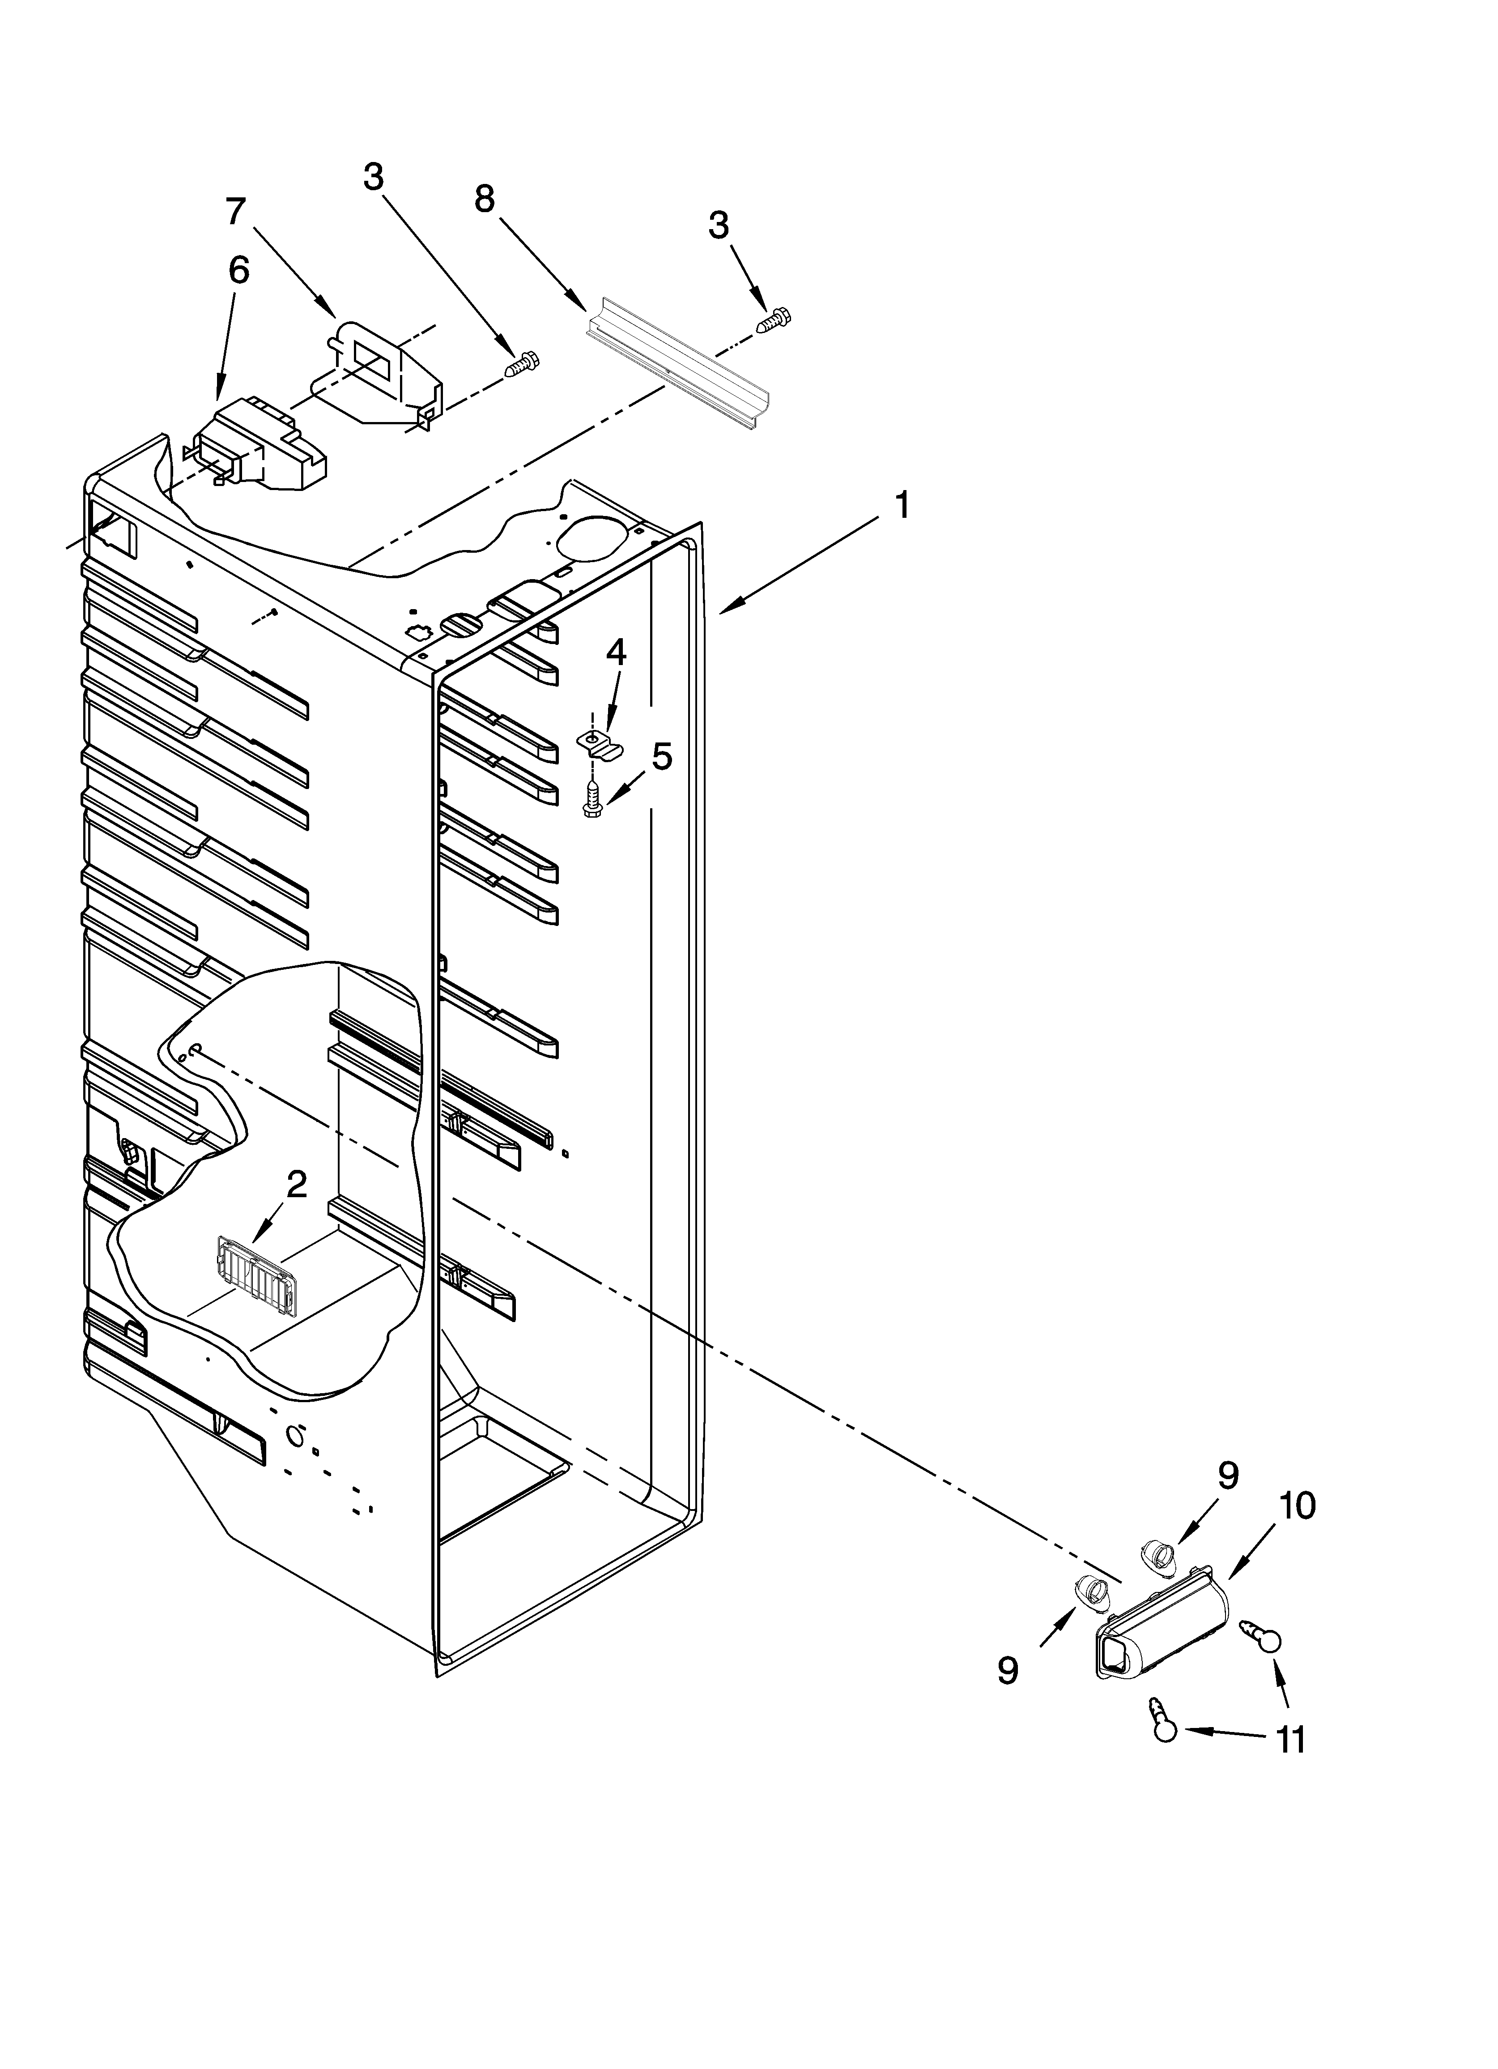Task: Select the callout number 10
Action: click(x=1298, y=1506)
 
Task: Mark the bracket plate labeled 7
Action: click(x=383, y=374)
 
